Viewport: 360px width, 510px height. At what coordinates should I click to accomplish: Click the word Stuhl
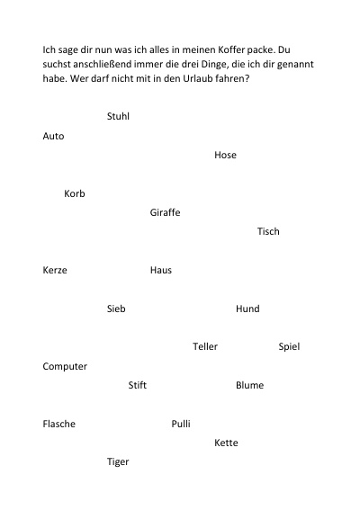coord(118,116)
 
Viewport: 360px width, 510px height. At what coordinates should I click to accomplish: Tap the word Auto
coord(53,136)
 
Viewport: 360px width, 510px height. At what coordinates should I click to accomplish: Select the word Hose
coord(225,155)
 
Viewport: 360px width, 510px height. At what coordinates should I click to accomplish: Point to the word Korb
coord(75,193)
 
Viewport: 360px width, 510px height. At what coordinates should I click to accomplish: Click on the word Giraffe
coord(165,212)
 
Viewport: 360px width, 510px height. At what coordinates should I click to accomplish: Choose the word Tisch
coord(268,231)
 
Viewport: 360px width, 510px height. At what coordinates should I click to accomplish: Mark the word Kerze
coord(55,270)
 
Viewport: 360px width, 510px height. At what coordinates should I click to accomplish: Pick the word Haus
coord(161,270)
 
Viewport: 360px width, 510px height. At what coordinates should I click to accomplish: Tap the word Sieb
coord(116,309)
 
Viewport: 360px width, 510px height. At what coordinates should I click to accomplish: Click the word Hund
coord(247,309)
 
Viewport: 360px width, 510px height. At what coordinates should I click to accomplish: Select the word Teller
coord(205,346)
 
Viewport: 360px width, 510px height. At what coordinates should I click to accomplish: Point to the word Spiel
coord(289,346)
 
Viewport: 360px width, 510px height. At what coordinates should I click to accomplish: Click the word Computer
coord(65,367)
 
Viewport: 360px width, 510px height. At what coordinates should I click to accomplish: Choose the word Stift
coord(138,385)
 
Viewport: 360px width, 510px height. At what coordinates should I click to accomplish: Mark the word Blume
coord(249,385)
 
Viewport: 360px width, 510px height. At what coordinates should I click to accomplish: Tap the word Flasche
coord(58,424)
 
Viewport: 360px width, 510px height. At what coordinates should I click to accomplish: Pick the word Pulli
coord(181,424)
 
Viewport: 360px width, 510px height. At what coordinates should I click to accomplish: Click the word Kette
coord(226,443)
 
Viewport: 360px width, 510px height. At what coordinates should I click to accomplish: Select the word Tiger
coord(118,461)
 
